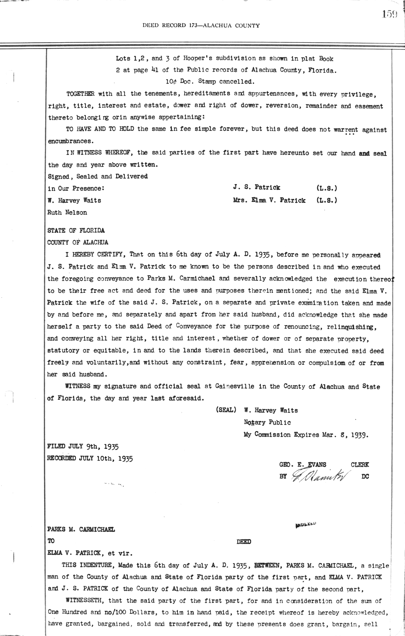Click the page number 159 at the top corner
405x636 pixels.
click(x=390, y=14)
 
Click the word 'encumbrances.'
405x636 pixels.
click(x=70, y=141)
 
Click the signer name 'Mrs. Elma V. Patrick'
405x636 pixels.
click(x=269, y=200)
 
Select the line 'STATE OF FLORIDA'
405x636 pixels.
click(x=76, y=231)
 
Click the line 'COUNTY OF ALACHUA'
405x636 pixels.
click(x=78, y=242)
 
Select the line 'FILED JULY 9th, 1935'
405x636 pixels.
click(x=83, y=447)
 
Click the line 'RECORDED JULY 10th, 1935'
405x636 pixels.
click(x=90, y=458)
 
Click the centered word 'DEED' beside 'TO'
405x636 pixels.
click(x=244, y=542)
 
